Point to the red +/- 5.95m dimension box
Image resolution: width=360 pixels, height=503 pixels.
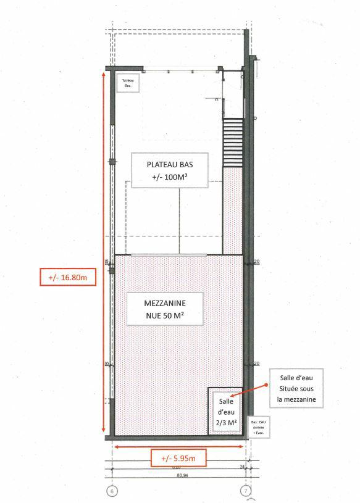pos(178,458)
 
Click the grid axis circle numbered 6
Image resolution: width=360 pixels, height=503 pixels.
pos(112,491)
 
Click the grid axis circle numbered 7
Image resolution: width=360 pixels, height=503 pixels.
pos(246,491)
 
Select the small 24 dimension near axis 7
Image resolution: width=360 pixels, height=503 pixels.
pos(241,467)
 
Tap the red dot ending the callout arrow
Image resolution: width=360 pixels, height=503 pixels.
pos(267,385)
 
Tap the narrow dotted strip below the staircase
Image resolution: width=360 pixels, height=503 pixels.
pos(231,210)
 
